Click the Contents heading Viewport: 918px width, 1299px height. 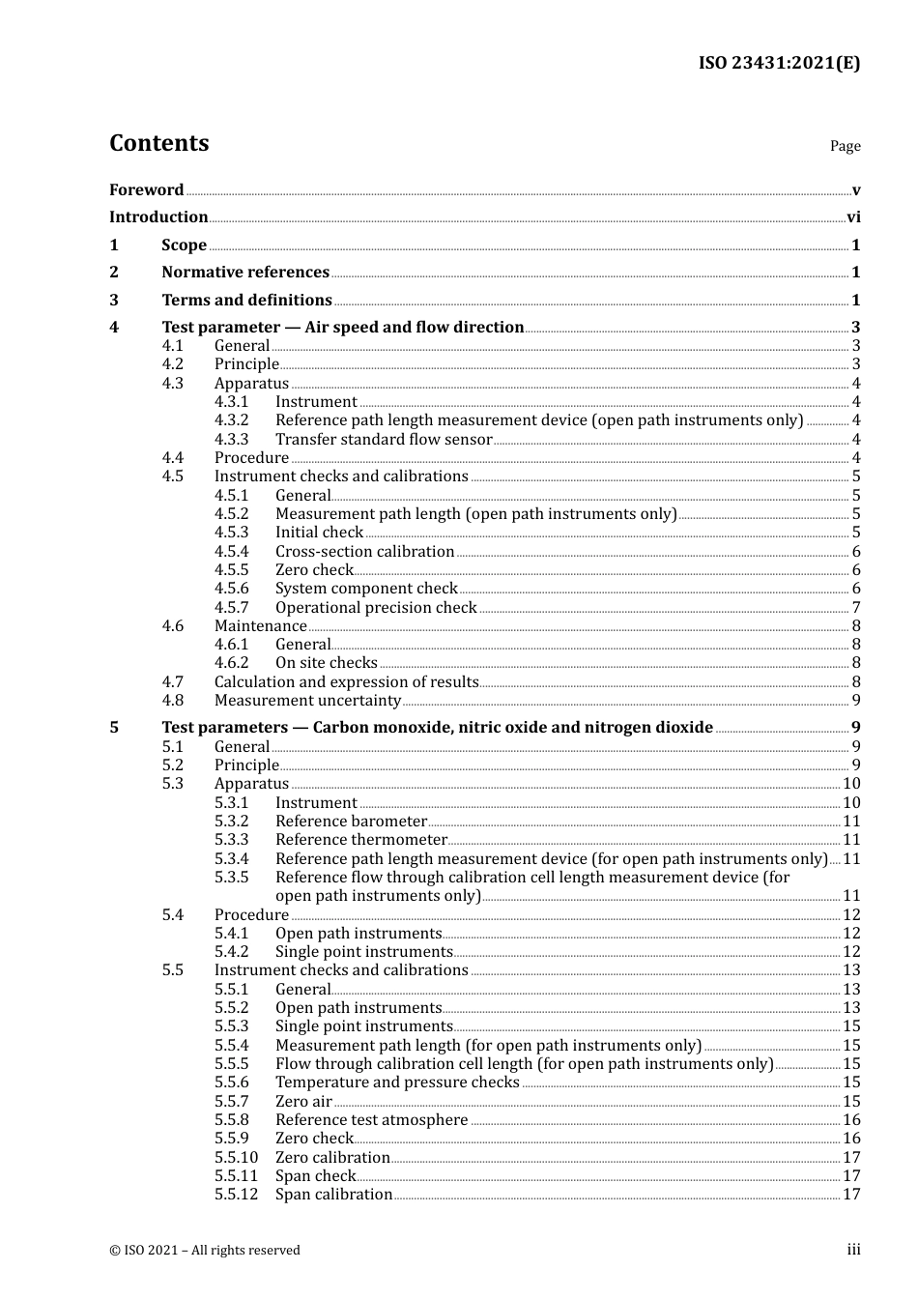pyautogui.click(x=158, y=143)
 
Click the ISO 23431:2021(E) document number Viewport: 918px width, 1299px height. pyautogui.click(x=779, y=63)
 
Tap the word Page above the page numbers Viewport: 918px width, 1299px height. pyautogui.click(x=845, y=146)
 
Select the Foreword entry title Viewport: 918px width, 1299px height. pyautogui.click(x=146, y=190)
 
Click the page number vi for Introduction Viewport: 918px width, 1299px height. pyautogui.click(x=853, y=217)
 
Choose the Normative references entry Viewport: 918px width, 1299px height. pyautogui.click(x=245, y=273)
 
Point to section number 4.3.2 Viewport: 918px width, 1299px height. pyautogui.click(x=231, y=420)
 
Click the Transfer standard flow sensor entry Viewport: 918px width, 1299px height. pyautogui.click(x=384, y=440)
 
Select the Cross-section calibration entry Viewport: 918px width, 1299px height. pyautogui.click(x=364, y=552)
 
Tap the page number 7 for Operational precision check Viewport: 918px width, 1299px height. pyautogui.click(x=856, y=608)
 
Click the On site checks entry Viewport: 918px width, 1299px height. pyautogui.click(x=326, y=663)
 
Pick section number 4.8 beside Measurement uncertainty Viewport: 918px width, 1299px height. pyautogui.click(x=172, y=701)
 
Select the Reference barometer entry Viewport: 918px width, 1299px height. pyautogui.click(x=351, y=822)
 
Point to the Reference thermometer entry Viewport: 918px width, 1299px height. pyautogui.click(x=360, y=840)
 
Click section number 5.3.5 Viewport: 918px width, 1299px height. pyautogui.click(x=231, y=878)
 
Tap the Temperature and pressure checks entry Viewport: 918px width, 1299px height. pyautogui.click(x=397, y=1082)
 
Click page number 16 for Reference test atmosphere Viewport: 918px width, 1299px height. pyautogui.click(x=851, y=1120)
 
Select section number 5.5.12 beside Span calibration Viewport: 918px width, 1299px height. pyautogui.click(x=236, y=1195)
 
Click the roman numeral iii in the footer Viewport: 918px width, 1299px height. pyautogui.click(x=853, y=1250)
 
